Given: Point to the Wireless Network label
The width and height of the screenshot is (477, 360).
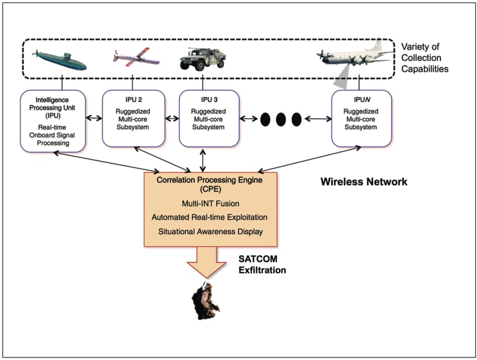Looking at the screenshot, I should (x=364, y=182).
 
